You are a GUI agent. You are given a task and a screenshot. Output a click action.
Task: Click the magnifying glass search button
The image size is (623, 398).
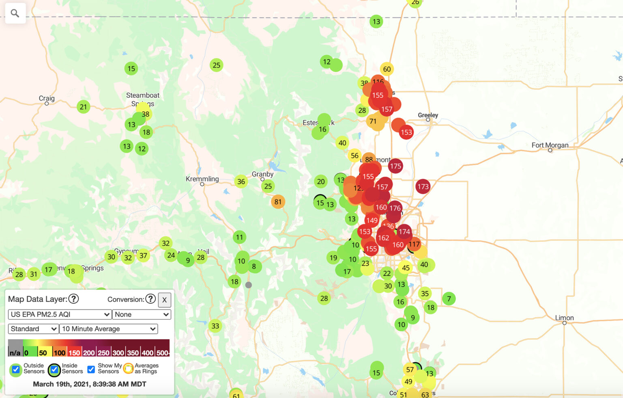point(15,13)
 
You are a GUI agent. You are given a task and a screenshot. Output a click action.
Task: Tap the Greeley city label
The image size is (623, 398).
point(428,115)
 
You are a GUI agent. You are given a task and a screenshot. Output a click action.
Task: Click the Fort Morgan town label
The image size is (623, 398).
point(550,145)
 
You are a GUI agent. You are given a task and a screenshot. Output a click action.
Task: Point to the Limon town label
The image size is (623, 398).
point(564,318)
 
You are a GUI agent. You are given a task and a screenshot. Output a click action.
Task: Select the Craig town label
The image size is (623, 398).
point(47,98)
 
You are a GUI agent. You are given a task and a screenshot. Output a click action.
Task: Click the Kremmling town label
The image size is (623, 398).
point(202,179)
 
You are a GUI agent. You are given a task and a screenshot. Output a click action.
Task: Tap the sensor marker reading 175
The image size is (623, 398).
point(395,166)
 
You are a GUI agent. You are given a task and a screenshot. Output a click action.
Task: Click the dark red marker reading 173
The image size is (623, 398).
point(423,186)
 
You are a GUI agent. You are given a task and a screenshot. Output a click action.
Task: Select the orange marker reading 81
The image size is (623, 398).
point(278,202)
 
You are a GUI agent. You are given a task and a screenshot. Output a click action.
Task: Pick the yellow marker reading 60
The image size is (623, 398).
point(387,69)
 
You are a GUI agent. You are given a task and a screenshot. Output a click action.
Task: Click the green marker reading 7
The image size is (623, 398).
point(449,299)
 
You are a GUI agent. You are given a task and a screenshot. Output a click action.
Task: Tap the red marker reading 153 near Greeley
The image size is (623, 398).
point(406,132)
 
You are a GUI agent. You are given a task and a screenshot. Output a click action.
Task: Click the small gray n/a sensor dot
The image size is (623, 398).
point(249,285)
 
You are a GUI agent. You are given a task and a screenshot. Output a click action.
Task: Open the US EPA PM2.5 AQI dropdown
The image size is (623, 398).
point(60,314)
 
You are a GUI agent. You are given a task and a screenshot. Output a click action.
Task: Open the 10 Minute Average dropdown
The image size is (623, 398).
point(108,329)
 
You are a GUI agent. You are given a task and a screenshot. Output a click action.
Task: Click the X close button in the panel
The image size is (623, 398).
point(164,300)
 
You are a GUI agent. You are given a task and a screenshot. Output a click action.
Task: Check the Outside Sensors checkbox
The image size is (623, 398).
point(16,369)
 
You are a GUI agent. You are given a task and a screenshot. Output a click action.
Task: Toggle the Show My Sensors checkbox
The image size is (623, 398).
point(91,369)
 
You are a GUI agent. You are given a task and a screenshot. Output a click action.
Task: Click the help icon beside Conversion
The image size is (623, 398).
point(150,299)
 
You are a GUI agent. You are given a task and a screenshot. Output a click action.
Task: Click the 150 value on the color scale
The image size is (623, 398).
point(74,353)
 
